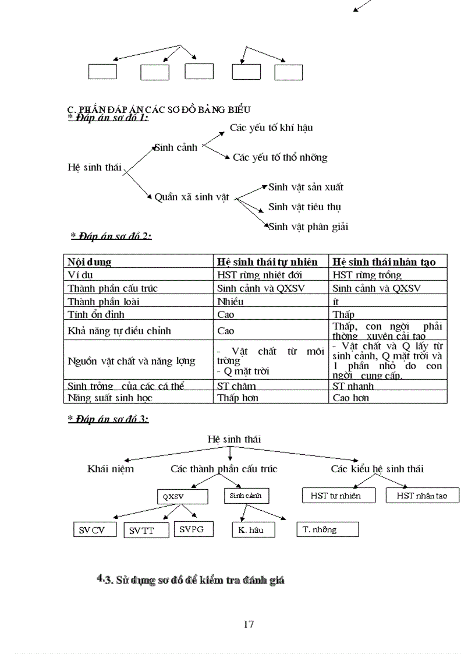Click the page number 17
point(249,624)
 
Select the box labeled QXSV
point(182,497)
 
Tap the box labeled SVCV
point(95,530)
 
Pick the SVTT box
point(146,531)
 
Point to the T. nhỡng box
point(327,529)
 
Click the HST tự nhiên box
point(339,496)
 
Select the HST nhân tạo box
point(423,496)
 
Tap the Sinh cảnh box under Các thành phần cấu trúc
point(246,496)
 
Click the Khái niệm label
point(111,469)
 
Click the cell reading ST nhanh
point(353,386)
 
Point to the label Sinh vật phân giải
point(309,227)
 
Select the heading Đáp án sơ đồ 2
point(111,236)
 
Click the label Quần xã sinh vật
point(193,197)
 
